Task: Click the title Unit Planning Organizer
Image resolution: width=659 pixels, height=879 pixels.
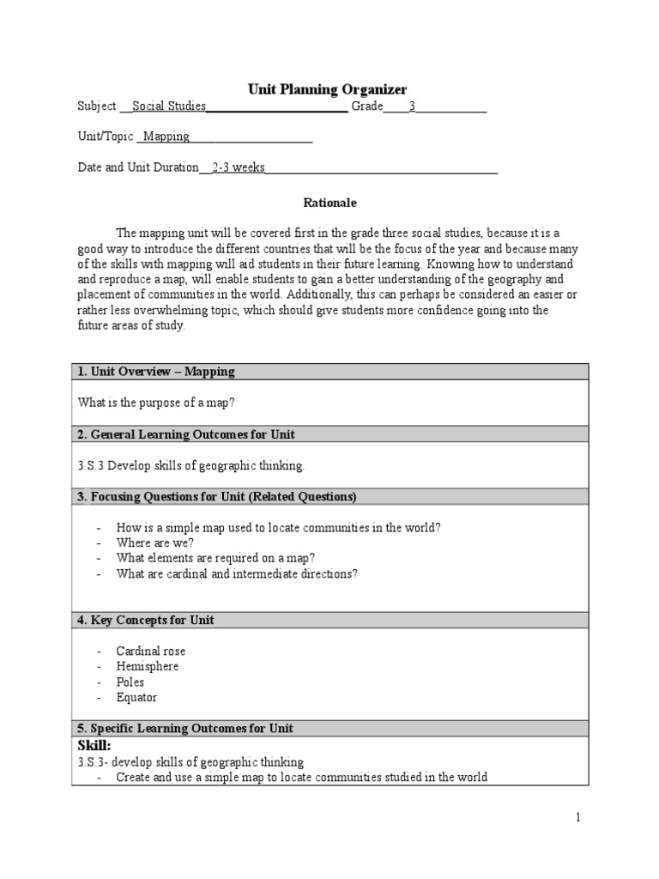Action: (327, 89)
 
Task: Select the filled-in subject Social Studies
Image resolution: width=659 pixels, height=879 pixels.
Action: (169, 106)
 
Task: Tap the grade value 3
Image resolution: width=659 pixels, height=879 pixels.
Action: (412, 106)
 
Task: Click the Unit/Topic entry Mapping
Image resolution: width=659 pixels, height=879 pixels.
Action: (166, 136)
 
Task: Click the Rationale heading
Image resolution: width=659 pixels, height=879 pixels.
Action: (329, 203)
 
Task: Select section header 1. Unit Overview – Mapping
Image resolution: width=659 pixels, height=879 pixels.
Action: (156, 372)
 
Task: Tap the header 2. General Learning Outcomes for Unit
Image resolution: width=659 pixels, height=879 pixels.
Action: (186, 434)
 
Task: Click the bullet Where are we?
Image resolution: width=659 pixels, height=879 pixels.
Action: (155, 543)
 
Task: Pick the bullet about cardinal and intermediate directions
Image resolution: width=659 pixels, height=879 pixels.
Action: (237, 574)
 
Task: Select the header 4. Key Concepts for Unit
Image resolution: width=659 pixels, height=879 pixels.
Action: (146, 620)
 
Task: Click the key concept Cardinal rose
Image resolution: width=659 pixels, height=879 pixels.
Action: (151, 652)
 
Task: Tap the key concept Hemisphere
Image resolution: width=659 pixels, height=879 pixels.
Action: (148, 667)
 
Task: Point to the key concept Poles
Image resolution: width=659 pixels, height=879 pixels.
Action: (130, 682)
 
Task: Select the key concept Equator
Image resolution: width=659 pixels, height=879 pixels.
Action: (136, 698)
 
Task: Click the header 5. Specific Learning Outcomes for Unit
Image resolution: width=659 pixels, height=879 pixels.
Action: (185, 729)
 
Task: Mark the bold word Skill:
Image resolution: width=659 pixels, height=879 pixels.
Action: (94, 745)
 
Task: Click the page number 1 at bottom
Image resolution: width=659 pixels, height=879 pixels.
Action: (578, 818)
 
